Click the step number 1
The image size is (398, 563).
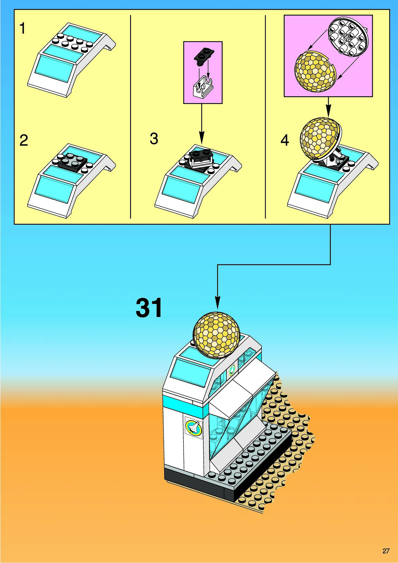(x=22, y=29)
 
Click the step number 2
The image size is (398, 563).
(x=23, y=140)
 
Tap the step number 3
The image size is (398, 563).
(x=154, y=139)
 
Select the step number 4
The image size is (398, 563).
(x=285, y=140)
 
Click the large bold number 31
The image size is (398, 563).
(x=149, y=308)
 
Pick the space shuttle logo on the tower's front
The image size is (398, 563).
(x=194, y=428)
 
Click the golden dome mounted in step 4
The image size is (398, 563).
(x=319, y=137)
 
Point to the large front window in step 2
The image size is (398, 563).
(x=55, y=189)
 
